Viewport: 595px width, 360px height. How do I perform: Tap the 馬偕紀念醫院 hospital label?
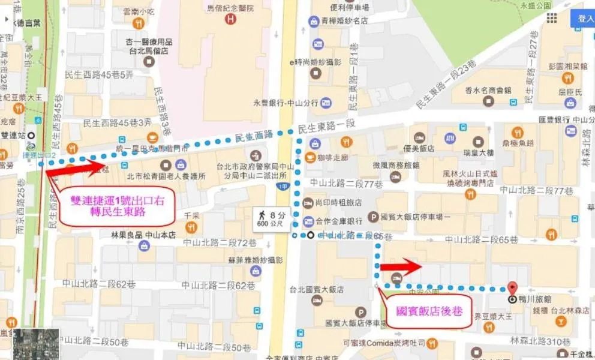(215, 8)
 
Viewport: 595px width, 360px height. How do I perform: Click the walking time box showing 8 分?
(272, 218)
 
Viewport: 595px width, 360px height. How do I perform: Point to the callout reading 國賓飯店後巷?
(429, 312)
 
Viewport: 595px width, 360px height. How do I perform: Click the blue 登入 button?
(582, 18)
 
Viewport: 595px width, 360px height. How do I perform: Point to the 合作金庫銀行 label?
(344, 220)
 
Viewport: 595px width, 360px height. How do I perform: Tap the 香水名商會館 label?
(488, 90)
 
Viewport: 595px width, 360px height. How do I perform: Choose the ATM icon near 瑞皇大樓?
(450, 139)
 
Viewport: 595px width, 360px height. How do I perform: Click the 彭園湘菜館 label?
(567, 66)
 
